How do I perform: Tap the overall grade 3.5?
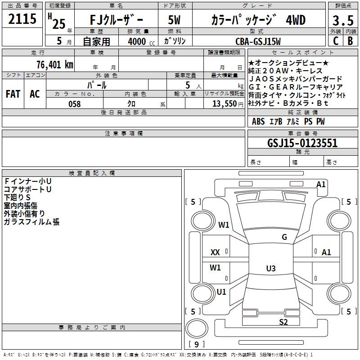click(x=342, y=21)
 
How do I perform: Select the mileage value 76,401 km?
click(x=54, y=65)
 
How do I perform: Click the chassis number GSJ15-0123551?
click(x=302, y=143)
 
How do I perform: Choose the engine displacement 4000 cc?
click(x=138, y=41)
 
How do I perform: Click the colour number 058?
click(x=74, y=104)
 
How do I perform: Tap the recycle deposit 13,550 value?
click(x=224, y=104)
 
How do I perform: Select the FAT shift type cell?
click(x=13, y=94)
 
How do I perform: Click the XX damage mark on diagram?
click(x=215, y=252)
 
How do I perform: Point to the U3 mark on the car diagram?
click(x=270, y=269)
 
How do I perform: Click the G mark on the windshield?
click(x=284, y=237)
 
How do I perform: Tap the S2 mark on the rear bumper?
click(x=283, y=322)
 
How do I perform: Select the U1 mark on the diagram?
click(x=221, y=292)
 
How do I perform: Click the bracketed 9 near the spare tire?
click(x=196, y=344)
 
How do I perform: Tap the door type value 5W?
click(x=174, y=20)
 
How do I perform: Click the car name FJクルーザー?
click(x=116, y=20)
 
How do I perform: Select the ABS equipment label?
click(x=258, y=121)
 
